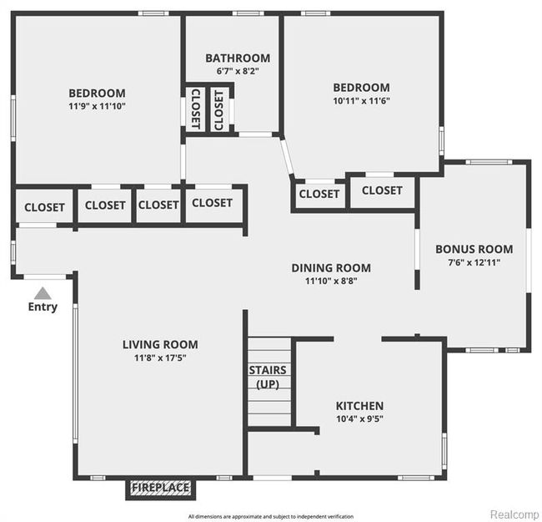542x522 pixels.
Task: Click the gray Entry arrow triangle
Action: coord(43,293)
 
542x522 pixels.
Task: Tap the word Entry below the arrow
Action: coord(43,307)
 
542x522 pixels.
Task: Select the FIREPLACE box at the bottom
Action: coord(159,488)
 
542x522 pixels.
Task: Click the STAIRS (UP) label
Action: coord(268,377)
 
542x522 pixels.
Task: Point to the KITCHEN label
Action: coord(359,406)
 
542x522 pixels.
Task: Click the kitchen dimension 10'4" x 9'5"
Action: coord(359,419)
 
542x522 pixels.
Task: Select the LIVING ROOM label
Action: coord(160,344)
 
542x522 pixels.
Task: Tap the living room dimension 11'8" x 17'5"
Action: coord(160,357)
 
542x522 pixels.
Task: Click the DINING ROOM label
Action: coord(331,268)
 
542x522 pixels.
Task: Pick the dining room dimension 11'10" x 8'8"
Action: coord(331,281)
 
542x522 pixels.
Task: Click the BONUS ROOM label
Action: coord(473,248)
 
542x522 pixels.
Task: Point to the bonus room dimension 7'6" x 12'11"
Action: coord(473,261)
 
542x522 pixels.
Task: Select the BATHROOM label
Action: coord(238,58)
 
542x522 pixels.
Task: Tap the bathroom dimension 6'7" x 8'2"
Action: coord(238,72)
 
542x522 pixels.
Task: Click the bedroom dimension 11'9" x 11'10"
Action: coord(97,106)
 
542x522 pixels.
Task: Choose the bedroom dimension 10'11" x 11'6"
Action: coord(361,100)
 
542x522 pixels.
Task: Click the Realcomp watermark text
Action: coord(514,514)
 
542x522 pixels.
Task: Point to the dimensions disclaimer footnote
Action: coord(270,516)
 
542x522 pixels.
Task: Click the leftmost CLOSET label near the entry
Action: coord(44,207)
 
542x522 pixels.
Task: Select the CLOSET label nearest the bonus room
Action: coord(382,190)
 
